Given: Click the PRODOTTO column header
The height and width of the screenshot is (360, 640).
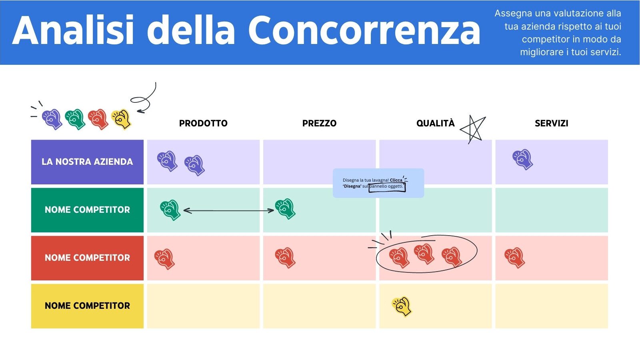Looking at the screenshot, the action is pyautogui.click(x=203, y=123).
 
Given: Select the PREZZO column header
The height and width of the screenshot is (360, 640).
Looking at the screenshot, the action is pyautogui.click(x=319, y=123).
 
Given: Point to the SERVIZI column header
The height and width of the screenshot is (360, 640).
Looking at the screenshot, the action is pyautogui.click(x=552, y=123).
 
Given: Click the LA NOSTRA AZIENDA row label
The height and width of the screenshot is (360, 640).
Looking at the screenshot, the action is pyautogui.click(x=87, y=162).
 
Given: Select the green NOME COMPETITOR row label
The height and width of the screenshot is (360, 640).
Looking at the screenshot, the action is pyautogui.click(x=87, y=210).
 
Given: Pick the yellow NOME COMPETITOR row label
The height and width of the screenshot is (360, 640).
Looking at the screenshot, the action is pyautogui.click(x=87, y=306).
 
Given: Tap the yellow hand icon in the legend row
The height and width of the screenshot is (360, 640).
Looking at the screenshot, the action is pyautogui.click(x=121, y=119).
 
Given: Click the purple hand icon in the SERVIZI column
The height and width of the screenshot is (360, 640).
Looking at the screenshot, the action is pyautogui.click(x=522, y=160).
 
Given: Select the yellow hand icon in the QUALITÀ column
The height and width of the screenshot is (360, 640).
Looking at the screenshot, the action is pyautogui.click(x=402, y=306).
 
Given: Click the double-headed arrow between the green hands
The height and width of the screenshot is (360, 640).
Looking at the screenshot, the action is pyautogui.click(x=228, y=211).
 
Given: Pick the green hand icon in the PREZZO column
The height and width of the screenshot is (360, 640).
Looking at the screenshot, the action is pyautogui.click(x=285, y=209).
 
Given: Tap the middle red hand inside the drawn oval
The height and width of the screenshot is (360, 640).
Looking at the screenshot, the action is pyautogui.click(x=424, y=254).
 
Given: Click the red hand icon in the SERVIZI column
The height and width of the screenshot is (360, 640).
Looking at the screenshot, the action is pyautogui.click(x=514, y=258).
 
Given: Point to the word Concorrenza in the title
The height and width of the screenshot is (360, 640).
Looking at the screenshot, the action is pyautogui.click(x=364, y=30).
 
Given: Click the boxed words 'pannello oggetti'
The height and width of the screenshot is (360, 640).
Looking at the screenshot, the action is pyautogui.click(x=386, y=186).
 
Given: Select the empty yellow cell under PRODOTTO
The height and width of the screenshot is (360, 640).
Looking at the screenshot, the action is pyautogui.click(x=203, y=306).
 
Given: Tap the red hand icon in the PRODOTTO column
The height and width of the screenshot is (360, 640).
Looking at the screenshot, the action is pyautogui.click(x=164, y=259).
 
